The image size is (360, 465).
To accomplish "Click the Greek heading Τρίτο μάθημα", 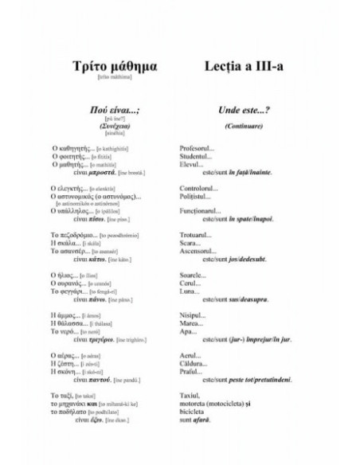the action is pyautogui.click(x=105, y=64).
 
